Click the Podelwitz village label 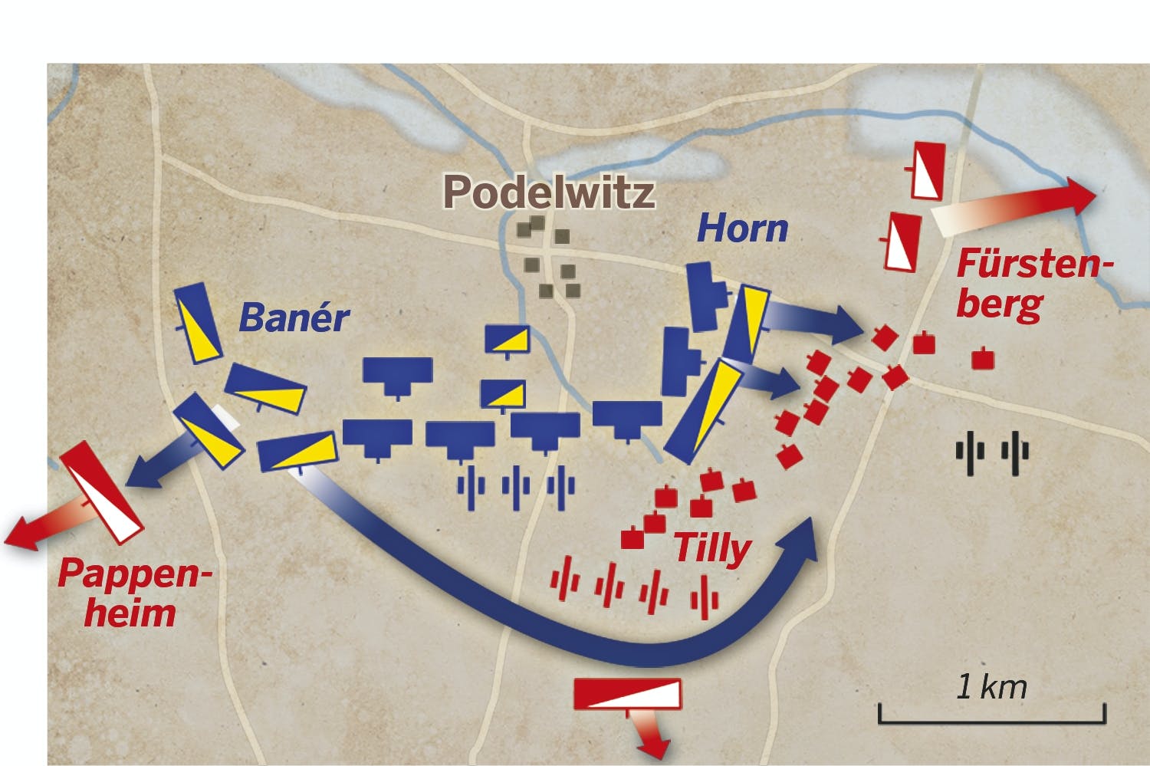pyautogui.click(x=549, y=192)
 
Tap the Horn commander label pyautogui.click(x=742, y=228)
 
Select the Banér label pyautogui.click(x=294, y=317)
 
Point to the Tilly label pyautogui.click(x=711, y=547)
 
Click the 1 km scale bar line pyautogui.click(x=992, y=721)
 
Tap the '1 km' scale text pyautogui.click(x=991, y=686)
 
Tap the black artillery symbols pyautogui.click(x=992, y=453)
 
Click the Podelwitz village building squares pyautogui.click(x=549, y=257)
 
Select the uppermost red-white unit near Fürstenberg pyautogui.click(x=928, y=170)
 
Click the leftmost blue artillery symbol pyautogui.click(x=471, y=486)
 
